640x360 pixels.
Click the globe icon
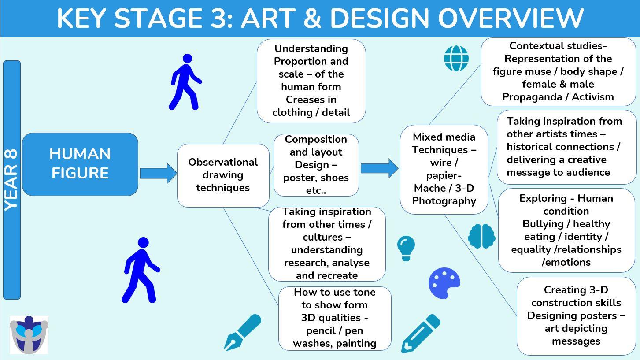pyautogui.click(x=456, y=58)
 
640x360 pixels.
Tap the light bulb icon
pyautogui.click(x=406, y=248)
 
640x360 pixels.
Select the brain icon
pyautogui.click(x=481, y=236)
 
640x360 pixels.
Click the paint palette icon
pyautogui.click(x=444, y=283)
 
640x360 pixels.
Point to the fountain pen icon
pyautogui.click(x=242, y=333)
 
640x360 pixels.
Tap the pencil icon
pyautogui.click(x=421, y=334)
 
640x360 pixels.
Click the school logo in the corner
pyautogui.click(x=29, y=335)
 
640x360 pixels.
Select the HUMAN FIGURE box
pyautogui.click(x=80, y=164)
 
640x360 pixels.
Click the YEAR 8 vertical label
pyautogui.click(x=12, y=180)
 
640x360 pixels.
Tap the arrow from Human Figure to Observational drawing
pyautogui.click(x=158, y=174)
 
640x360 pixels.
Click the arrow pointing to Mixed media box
pyautogui.click(x=379, y=168)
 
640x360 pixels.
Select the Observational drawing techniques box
pyautogui.click(x=223, y=175)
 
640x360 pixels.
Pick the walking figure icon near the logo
pyautogui.click(x=141, y=270)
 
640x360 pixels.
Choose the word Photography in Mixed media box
pyautogui.click(x=444, y=201)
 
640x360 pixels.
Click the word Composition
pyautogui.click(x=316, y=140)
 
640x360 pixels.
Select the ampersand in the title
pyautogui.click(x=313, y=18)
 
